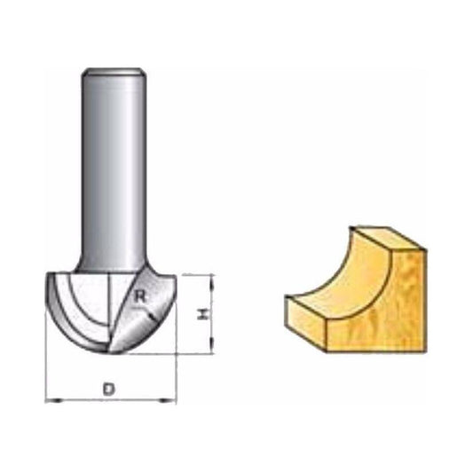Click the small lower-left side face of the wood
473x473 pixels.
(x=306, y=324)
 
